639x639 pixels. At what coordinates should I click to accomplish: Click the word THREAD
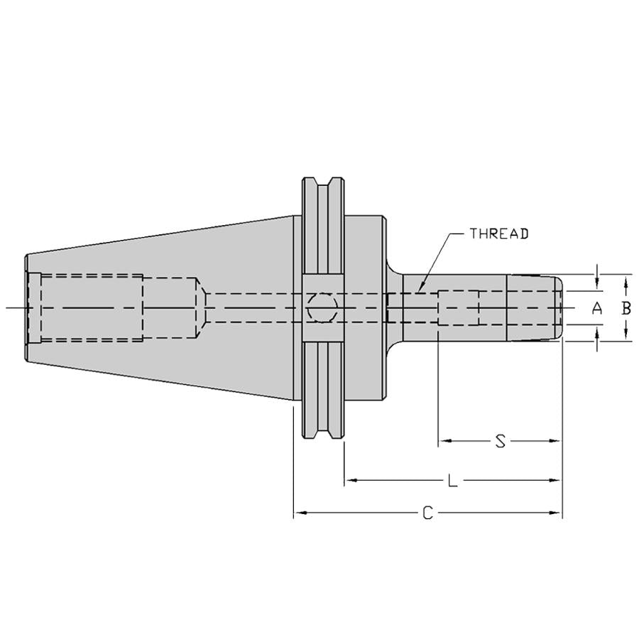click(499, 234)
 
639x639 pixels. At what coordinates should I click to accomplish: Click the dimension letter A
click(597, 308)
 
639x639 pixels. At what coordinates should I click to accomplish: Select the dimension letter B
click(626, 308)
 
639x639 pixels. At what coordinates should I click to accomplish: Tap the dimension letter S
click(500, 441)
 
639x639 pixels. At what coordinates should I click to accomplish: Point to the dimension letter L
click(452, 481)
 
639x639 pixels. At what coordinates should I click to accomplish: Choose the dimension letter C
click(427, 513)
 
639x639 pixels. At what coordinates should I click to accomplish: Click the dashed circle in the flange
click(322, 307)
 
